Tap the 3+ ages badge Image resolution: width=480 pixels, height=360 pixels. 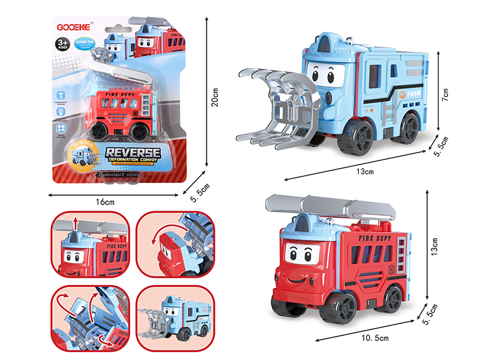(62, 43)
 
